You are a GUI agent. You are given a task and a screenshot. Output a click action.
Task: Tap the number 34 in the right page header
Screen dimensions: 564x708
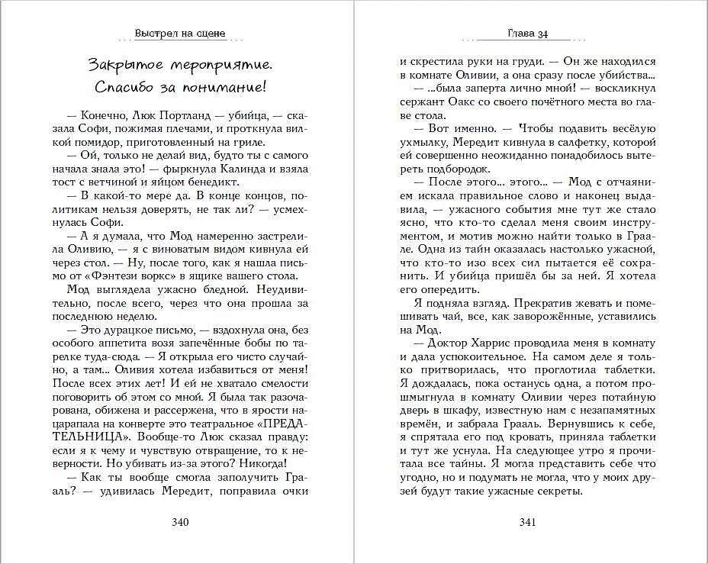(x=540, y=34)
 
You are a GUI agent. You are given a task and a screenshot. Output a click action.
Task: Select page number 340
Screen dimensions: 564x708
(x=180, y=522)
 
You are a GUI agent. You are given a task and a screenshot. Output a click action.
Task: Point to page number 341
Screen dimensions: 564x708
(x=528, y=522)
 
